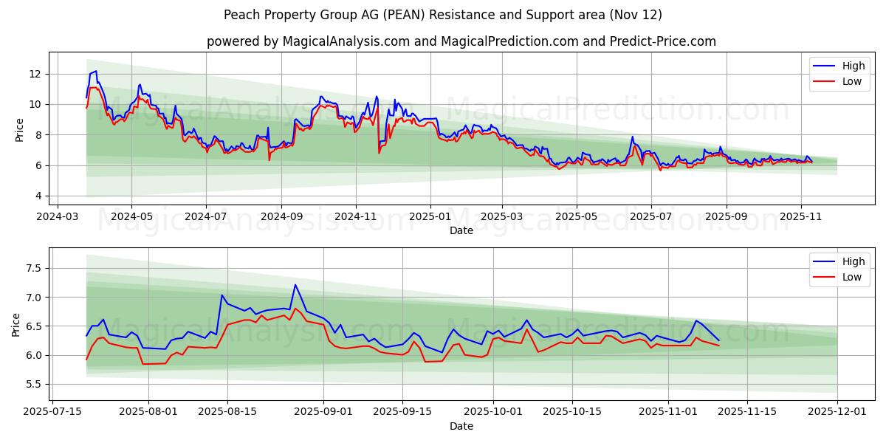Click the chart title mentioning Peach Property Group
[x=443, y=15]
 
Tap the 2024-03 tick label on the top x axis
[x=57, y=217]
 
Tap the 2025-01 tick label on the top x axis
[x=430, y=217]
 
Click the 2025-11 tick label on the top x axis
[x=801, y=217]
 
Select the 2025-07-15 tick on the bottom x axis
[x=52, y=413]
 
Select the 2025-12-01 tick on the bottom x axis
[x=837, y=413]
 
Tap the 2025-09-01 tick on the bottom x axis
[x=324, y=413]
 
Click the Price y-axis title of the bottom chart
[x=16, y=325]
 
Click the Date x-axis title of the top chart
[x=461, y=230]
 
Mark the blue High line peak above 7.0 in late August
[x=295, y=285]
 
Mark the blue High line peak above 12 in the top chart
[x=96, y=71]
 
